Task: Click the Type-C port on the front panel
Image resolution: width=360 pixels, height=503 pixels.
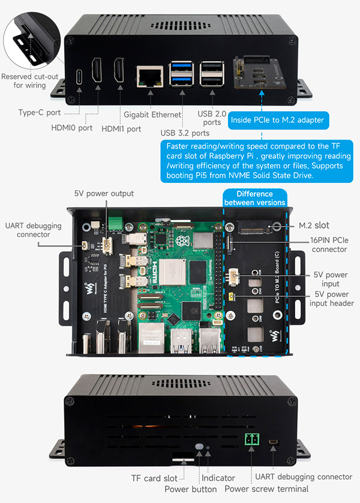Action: point(79,77)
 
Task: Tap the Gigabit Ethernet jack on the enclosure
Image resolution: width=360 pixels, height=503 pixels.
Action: point(150,76)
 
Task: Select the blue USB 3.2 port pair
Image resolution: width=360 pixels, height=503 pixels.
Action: point(181,74)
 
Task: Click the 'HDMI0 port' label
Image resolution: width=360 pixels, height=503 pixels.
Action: point(72,128)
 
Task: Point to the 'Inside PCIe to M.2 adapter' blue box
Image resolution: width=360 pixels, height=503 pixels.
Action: point(277,121)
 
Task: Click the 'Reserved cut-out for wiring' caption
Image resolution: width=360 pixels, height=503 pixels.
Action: point(29,81)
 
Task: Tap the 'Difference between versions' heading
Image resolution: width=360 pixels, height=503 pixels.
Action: point(254,198)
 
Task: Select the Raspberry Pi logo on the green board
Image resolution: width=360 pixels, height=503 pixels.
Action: point(182,240)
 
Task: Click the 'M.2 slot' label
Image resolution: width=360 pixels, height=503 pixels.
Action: point(314,225)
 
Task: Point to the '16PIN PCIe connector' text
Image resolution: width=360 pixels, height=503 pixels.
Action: point(329,245)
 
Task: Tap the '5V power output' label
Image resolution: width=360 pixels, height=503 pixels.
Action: point(104,194)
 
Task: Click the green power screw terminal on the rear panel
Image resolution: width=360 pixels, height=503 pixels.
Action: point(252,439)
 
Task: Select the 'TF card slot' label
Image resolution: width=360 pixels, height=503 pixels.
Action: point(154,478)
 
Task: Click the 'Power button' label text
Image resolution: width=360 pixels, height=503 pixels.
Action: point(190,489)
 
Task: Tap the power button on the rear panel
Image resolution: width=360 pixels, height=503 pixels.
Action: point(199,447)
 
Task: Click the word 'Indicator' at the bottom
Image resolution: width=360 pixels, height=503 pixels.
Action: point(218,478)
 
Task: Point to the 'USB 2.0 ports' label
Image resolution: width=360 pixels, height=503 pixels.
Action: point(212,118)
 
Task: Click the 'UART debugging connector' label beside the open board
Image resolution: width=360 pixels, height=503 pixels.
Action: point(33,230)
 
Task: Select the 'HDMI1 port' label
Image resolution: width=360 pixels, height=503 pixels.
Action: point(121,129)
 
